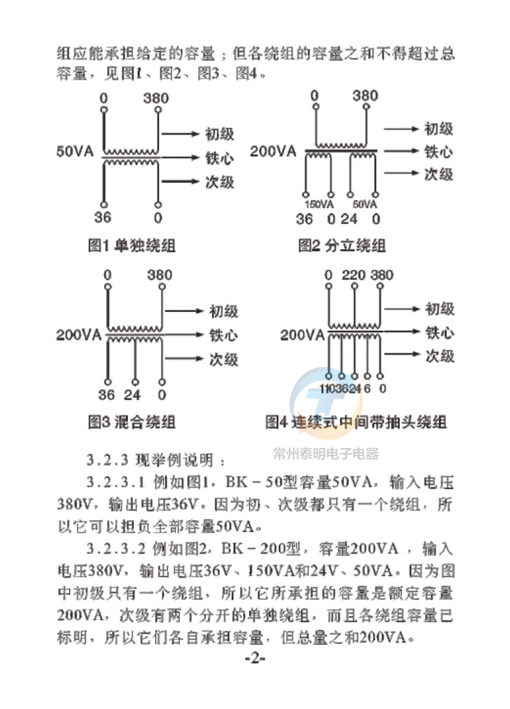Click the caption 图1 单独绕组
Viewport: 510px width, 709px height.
tap(132, 247)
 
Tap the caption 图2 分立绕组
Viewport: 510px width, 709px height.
tap(342, 246)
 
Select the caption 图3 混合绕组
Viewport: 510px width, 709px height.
tap(132, 422)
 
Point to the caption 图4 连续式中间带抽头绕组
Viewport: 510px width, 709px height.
tap(356, 422)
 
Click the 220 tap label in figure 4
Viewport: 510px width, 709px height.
tap(355, 275)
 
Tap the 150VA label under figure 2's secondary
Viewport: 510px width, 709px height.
tap(319, 204)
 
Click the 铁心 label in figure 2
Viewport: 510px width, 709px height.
tap(439, 151)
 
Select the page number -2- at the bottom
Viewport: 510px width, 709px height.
tap(254, 660)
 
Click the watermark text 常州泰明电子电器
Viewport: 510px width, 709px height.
tap(326, 453)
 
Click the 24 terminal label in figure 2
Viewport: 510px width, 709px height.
tap(349, 219)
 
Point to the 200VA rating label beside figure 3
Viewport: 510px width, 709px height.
tap(79, 334)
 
